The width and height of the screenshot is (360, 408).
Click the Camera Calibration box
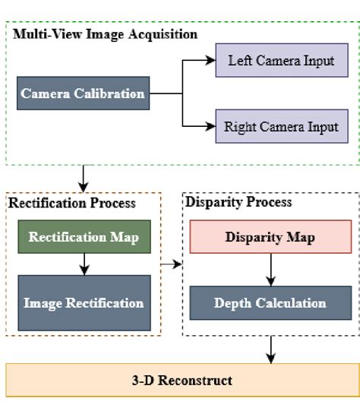[83, 94]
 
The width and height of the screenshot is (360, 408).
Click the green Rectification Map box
[84, 237]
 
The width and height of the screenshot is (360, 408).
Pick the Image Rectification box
[84, 303]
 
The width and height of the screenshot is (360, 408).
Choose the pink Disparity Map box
[270, 237]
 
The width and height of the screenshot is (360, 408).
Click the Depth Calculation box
[270, 303]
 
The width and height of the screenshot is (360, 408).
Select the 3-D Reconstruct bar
[180, 380]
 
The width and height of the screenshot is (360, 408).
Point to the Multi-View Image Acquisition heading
[104, 34]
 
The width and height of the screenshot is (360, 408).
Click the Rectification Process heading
[72, 203]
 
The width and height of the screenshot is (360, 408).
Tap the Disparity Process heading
[238, 203]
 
